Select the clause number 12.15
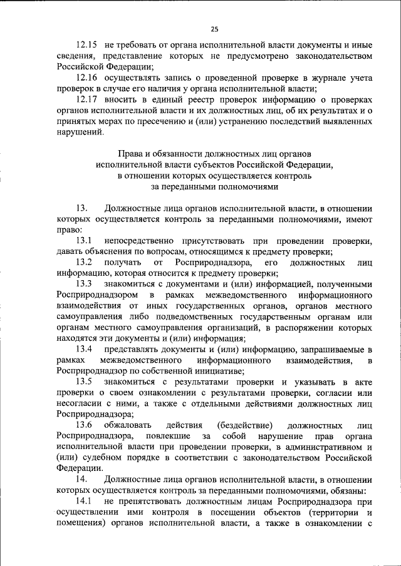coord(86,46)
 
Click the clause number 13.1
coord(85,241)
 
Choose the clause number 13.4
coord(85,349)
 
